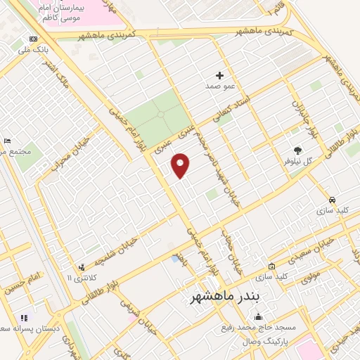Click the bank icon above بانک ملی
pos(33,39)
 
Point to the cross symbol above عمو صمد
pos(219,75)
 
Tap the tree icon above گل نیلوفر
pos(297,150)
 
